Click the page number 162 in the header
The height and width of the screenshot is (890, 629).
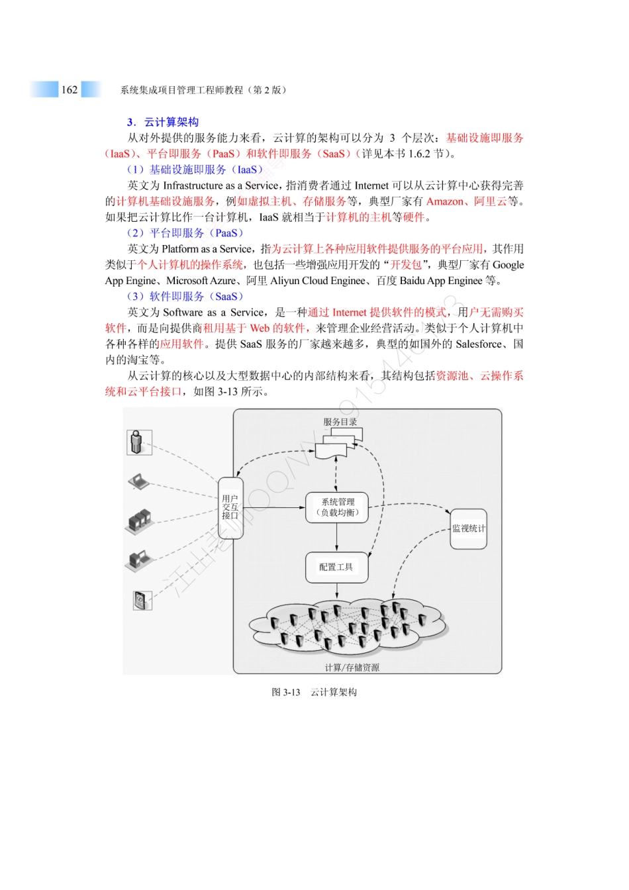click(70, 90)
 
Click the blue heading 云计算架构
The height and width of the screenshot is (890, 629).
click(171, 122)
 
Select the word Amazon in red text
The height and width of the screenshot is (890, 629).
click(445, 201)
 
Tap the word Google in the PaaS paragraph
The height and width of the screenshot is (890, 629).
click(508, 265)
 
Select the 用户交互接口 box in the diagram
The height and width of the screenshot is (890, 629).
click(230, 507)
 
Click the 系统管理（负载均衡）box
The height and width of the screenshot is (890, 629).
click(336, 507)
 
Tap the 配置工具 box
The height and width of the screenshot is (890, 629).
click(336, 567)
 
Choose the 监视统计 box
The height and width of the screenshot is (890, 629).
click(468, 528)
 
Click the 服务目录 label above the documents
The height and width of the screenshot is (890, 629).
click(340, 422)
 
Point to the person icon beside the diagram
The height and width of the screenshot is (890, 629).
click(138, 442)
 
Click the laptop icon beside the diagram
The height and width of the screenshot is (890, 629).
click(138, 481)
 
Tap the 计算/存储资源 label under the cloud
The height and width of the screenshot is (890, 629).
click(352, 667)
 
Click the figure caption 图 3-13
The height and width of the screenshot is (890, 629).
click(285, 692)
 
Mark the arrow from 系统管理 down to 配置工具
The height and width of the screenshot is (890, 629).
click(336, 537)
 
